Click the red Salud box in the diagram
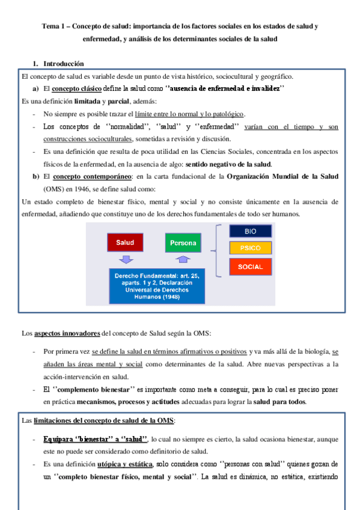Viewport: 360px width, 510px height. [x=126, y=244]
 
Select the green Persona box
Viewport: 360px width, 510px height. [x=183, y=244]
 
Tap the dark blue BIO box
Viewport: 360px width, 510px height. [x=251, y=231]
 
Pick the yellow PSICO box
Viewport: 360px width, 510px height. [x=251, y=248]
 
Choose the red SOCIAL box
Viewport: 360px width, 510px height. [x=251, y=266]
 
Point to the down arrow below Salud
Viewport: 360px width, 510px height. [x=126, y=259]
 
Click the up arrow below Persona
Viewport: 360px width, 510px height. [x=184, y=259]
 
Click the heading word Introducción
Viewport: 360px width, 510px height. [x=64, y=64]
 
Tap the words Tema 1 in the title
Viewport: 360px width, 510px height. [x=56, y=26]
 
